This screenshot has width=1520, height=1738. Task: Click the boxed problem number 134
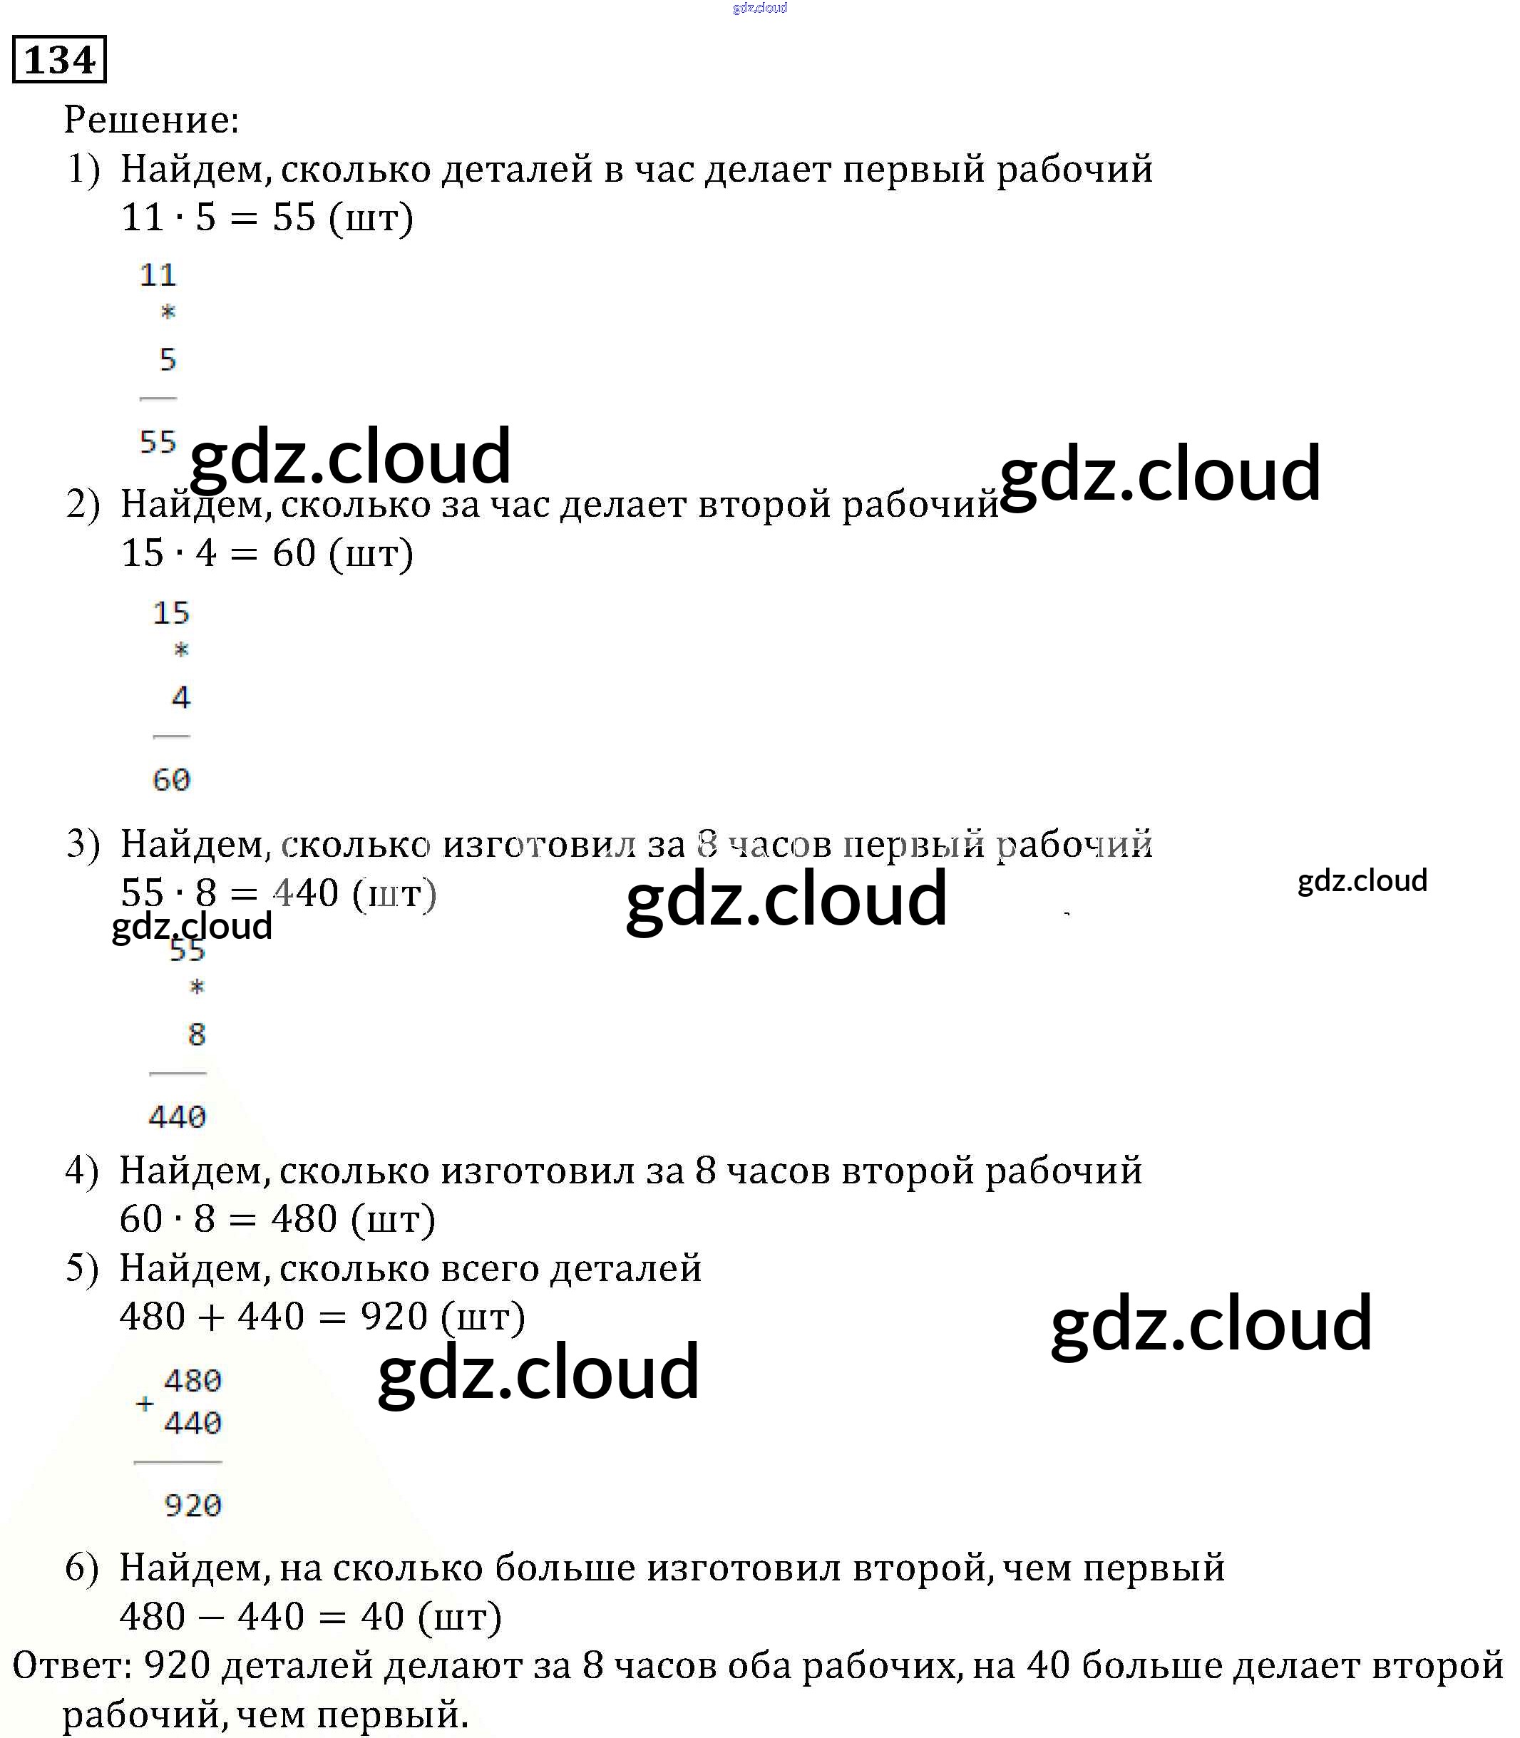59,59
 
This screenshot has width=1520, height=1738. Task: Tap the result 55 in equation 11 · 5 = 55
294,218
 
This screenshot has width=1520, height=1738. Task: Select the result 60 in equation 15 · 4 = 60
294,553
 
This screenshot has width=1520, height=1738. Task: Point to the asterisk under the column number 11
168,312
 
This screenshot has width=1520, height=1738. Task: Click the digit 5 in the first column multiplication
168,359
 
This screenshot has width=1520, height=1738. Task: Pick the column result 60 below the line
171,779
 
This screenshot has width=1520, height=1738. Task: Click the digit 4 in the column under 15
180,697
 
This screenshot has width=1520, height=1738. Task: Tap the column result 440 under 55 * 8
178,1116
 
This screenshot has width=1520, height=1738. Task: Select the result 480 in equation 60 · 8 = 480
304,1219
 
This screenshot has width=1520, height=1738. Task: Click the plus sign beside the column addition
145,1403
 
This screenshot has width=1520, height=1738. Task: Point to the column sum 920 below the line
192,1505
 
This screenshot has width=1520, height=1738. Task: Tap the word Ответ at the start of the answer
68,1666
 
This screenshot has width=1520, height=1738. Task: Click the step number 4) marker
82,1171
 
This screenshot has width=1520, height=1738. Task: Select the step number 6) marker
82,1568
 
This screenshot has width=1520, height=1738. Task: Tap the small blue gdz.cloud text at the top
760,8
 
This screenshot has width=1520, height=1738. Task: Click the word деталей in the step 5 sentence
626,1268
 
